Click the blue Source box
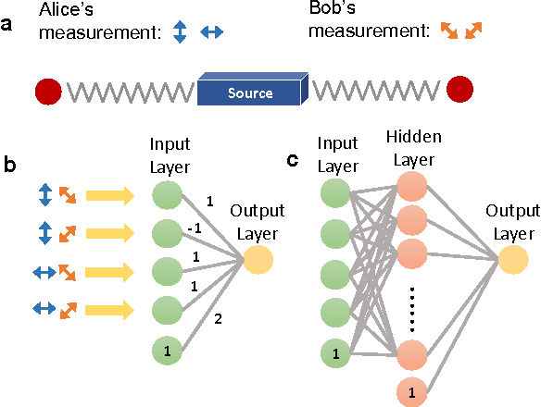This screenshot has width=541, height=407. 251,92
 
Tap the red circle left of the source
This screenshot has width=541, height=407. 48,92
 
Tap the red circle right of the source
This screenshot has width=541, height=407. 459,90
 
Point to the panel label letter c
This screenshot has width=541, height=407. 293,160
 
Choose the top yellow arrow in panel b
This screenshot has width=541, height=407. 109,195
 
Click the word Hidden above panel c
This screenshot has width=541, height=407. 414,138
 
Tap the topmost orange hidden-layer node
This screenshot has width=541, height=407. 414,192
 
